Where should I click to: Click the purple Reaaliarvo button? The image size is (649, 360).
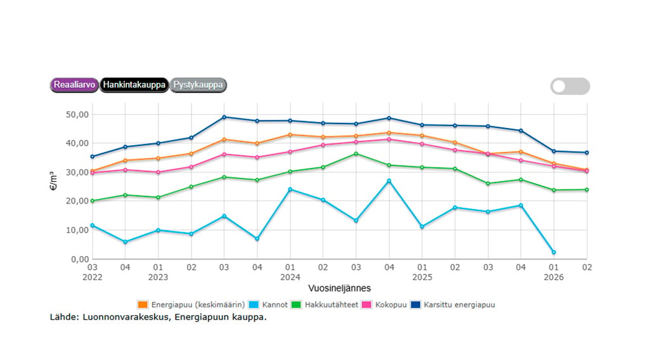[75, 85]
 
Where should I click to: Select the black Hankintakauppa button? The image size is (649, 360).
[134, 85]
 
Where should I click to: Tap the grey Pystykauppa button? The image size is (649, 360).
[198, 85]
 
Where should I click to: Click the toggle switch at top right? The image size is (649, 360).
[570, 86]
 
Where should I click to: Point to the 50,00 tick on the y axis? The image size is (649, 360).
[77, 115]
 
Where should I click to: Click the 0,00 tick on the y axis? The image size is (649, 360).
[80, 259]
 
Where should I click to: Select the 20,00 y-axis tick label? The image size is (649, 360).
[77, 201]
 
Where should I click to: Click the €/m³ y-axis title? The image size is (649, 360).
[53, 181]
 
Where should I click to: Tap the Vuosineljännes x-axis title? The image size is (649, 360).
[340, 288]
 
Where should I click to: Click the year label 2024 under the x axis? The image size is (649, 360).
[290, 277]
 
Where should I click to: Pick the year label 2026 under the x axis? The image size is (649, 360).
[554, 277]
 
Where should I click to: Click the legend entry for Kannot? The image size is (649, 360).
[268, 305]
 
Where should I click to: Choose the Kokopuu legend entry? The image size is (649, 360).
[384, 305]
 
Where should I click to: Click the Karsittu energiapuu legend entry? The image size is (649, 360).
[453, 305]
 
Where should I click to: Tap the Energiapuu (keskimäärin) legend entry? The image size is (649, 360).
[191, 305]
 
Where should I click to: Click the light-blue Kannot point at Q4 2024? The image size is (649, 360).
[389, 181]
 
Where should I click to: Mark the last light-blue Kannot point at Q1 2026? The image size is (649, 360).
[554, 252]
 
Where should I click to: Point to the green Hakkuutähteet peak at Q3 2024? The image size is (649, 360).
[356, 154]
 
